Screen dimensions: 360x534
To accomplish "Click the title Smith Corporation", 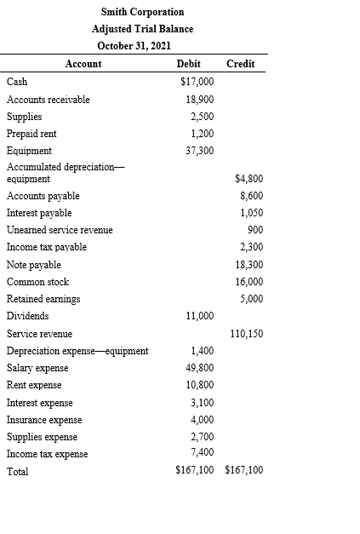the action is pos(142,12).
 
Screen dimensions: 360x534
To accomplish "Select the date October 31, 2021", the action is pos(142,45).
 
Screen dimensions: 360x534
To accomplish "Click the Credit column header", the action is pos(241,64).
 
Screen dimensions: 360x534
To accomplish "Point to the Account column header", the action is pos(83,64).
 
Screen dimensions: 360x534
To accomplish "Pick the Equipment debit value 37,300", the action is pos(200,151).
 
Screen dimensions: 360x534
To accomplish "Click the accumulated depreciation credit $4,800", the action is pos(248,178).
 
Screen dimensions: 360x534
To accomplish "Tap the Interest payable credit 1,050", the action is pos(250,212).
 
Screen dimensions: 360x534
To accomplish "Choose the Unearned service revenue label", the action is pos(60,230).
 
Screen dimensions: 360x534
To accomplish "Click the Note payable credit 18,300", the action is pos(248,264).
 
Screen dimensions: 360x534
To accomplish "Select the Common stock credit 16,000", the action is pos(248,282).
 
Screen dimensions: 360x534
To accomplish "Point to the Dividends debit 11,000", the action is pos(200,316).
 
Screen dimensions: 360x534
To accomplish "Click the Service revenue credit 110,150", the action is pos(246,333).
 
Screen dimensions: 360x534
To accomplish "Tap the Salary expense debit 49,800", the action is pos(200,368).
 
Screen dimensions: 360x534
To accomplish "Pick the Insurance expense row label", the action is pos(44,420).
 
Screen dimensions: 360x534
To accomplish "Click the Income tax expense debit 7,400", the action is pos(203,451).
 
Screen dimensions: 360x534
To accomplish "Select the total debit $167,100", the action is pos(195,469).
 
